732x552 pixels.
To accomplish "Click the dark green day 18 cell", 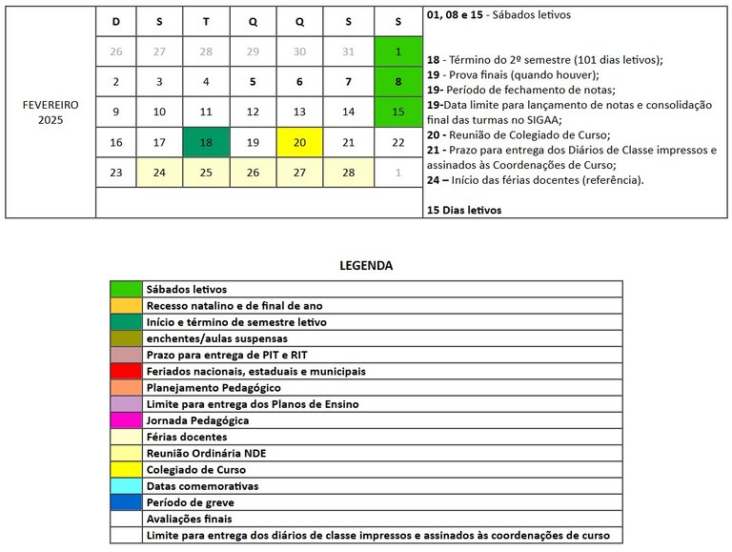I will point(206,142).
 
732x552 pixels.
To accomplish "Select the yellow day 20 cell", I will point(300,142).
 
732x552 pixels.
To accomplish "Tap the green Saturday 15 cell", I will point(398,112).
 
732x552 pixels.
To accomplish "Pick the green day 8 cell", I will point(398,82).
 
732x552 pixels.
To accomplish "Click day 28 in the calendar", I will point(347,173).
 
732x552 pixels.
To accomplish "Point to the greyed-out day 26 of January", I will point(116,51).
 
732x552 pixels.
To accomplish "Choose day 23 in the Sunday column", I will point(116,173).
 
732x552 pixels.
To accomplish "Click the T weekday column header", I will point(206,20).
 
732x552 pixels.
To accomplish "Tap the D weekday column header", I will point(116,20).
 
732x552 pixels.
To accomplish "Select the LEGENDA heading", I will point(366,266).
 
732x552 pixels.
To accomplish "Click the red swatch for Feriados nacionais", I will point(126,371).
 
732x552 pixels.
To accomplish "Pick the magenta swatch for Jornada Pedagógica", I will point(126,420).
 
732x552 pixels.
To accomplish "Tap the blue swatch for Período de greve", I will point(126,502).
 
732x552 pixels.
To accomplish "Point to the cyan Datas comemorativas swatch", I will point(126,486).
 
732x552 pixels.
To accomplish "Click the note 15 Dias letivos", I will point(463,210).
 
